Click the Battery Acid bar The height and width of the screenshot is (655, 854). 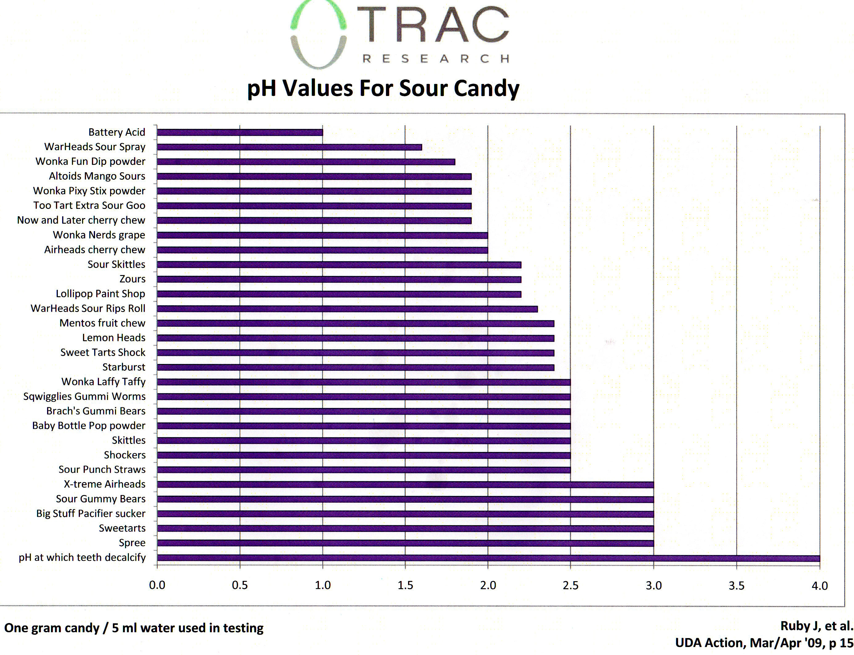(240, 133)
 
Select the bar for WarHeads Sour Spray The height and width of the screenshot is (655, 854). (289, 147)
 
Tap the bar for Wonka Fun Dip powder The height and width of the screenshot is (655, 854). (306, 162)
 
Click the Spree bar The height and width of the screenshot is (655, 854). (405, 543)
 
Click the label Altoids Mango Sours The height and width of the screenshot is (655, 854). (97, 176)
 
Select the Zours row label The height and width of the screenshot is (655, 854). (133, 279)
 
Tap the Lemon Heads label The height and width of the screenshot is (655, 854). (113, 337)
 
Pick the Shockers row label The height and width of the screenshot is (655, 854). (124, 455)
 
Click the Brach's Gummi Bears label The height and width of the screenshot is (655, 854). (96, 411)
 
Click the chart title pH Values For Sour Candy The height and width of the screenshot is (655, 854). (383, 88)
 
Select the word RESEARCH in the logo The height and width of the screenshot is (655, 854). (435, 59)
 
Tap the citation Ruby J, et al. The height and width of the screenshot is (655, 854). (816, 626)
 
